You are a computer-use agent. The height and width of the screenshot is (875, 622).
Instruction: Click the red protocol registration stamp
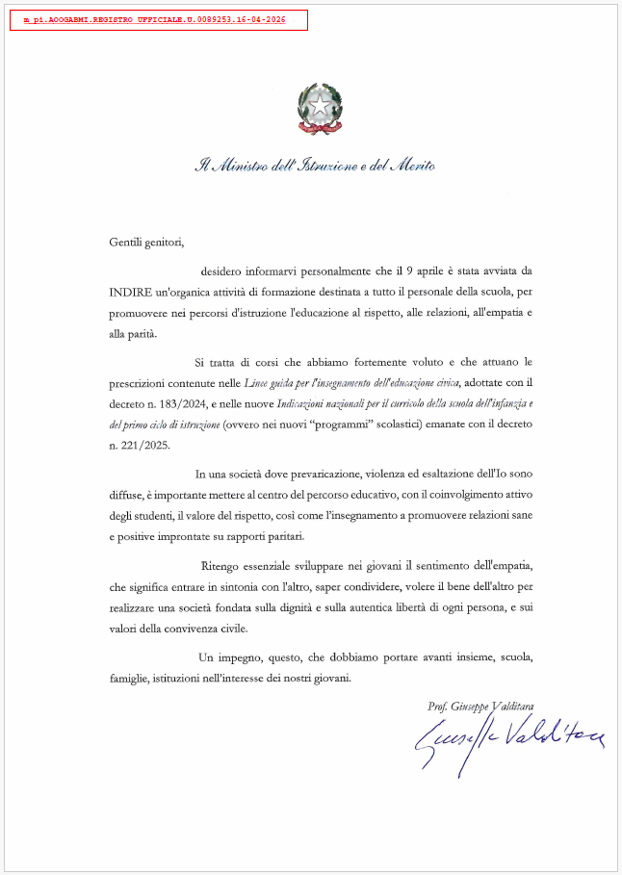[x=159, y=20]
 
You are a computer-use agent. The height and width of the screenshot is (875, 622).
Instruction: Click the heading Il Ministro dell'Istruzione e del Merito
[x=315, y=166]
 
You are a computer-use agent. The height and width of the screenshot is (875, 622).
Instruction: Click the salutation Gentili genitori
[x=145, y=242]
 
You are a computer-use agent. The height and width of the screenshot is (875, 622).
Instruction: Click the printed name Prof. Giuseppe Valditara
[x=481, y=707]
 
